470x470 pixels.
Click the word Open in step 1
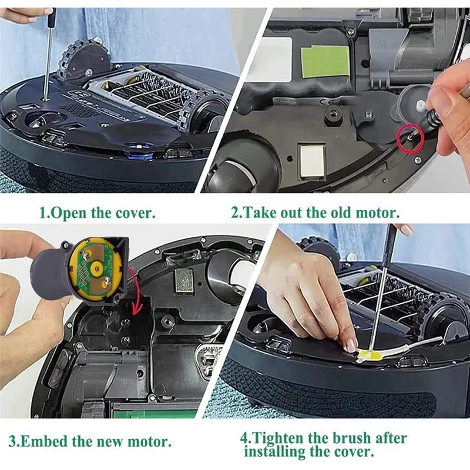click(x=69, y=212)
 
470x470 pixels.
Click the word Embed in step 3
click(x=42, y=441)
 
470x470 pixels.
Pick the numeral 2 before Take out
click(x=235, y=212)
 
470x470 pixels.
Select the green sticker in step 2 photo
click(x=325, y=61)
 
